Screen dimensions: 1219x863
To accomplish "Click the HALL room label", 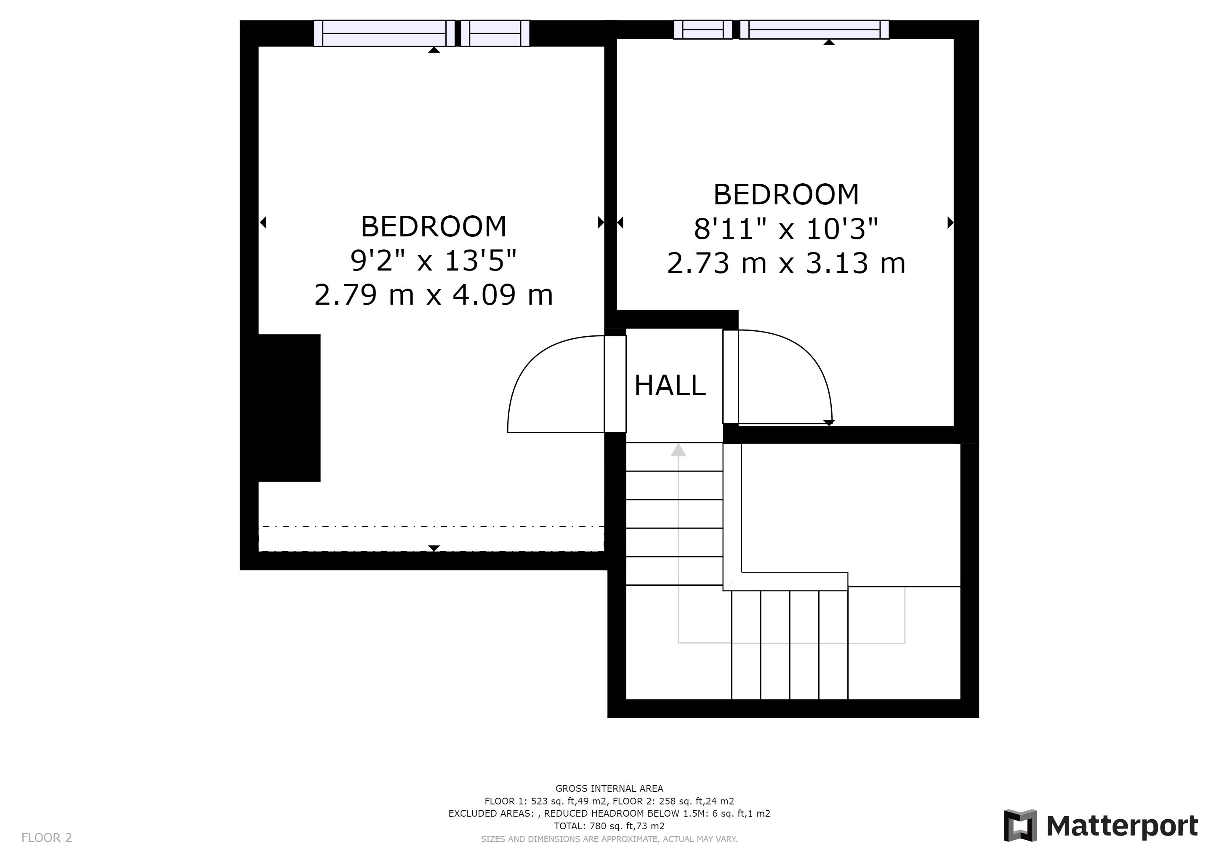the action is pyautogui.click(x=670, y=386).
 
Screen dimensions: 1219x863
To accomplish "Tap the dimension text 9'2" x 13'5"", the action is pyautogui.click(x=433, y=260).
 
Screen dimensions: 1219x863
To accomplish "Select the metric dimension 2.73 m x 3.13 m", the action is pyautogui.click(x=786, y=263).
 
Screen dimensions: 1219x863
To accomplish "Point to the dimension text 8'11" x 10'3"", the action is pyautogui.click(x=786, y=229).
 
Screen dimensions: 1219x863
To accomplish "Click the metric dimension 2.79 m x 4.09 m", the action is pyautogui.click(x=433, y=295).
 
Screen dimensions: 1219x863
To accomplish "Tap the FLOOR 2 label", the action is pyautogui.click(x=46, y=838).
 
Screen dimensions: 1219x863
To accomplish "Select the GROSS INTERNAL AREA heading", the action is pyautogui.click(x=609, y=788).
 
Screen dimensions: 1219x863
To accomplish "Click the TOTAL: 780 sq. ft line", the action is pyautogui.click(x=609, y=826).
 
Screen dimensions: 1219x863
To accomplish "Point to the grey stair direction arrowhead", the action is pyautogui.click(x=678, y=450).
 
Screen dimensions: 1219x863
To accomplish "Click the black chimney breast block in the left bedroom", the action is pyautogui.click(x=289, y=408).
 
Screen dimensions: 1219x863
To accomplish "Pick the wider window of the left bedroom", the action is pyautogui.click(x=384, y=33).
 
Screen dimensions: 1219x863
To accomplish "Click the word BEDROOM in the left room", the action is pyautogui.click(x=433, y=227).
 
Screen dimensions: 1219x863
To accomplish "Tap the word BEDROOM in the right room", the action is pyautogui.click(x=786, y=195).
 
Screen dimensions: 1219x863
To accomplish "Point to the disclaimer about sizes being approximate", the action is pyautogui.click(x=609, y=839).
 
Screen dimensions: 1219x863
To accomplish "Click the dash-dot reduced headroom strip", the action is pyautogui.click(x=431, y=538).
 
